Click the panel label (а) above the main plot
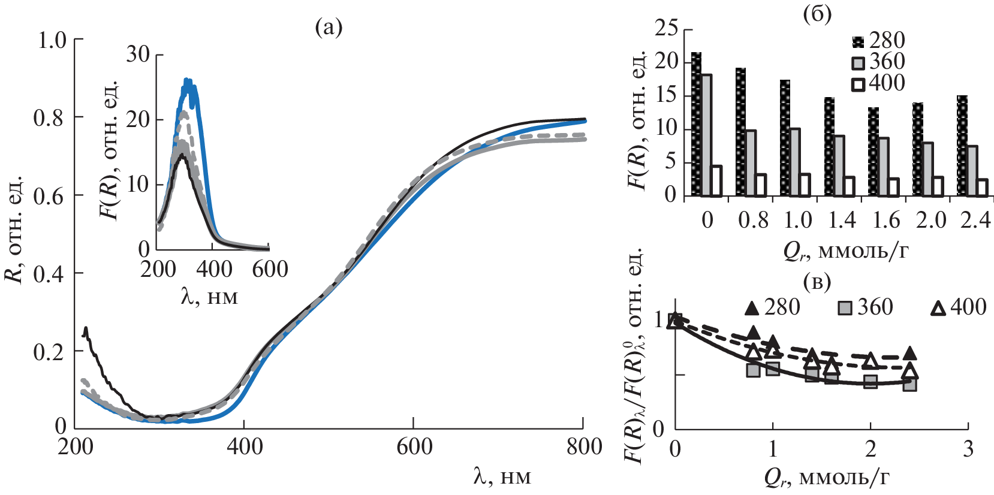pyautogui.click(x=329, y=28)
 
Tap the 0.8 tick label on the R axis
pyautogui.click(x=49, y=118)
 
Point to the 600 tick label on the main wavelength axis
pyautogui.click(x=414, y=447)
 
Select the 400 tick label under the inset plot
pyautogui.click(x=214, y=270)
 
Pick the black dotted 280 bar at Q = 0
pyautogui.click(x=696, y=124)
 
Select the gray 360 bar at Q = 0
pyautogui.click(x=706, y=135)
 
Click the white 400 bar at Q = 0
pyautogui.click(x=716, y=180)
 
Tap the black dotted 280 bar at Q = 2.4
pyautogui.click(x=962, y=146)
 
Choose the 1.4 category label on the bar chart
pyautogui.click(x=842, y=221)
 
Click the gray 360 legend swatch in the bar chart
pyautogui.click(x=859, y=62)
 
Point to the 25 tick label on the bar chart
pyautogui.click(x=666, y=28)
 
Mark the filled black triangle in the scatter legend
pyautogui.click(x=752, y=308)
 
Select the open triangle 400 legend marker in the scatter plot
pyautogui.click(x=938, y=308)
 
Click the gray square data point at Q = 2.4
pyautogui.click(x=909, y=384)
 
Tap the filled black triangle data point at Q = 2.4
pyautogui.click(x=909, y=353)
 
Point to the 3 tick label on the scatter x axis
pyautogui.click(x=968, y=448)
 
